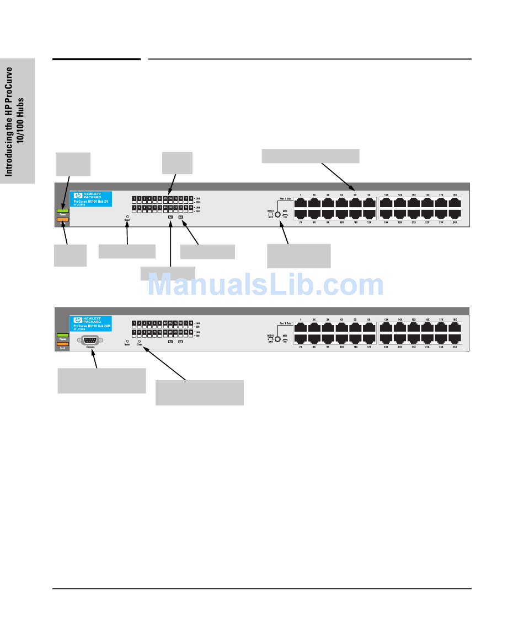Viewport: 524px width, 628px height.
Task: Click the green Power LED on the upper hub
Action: [62, 211]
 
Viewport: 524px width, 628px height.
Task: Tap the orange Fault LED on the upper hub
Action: [62, 219]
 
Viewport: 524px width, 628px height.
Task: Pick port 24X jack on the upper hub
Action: [455, 215]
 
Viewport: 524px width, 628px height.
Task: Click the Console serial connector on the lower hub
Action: [90, 340]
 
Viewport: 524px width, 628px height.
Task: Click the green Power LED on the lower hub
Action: [62, 335]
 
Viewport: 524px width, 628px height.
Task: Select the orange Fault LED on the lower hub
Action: [62, 344]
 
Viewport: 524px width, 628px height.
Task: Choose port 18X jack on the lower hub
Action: [455, 327]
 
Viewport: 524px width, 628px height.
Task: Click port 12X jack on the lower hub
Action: [369, 339]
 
